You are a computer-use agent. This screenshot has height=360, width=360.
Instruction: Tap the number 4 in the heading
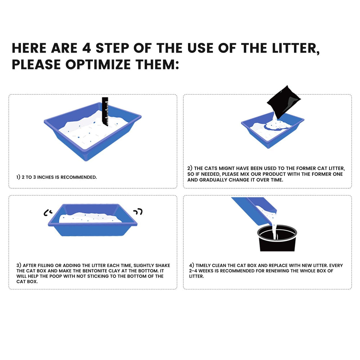tap(86, 48)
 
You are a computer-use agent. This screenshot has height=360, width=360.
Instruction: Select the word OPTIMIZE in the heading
tap(98, 64)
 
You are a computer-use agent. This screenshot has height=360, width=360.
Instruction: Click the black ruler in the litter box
tap(105, 111)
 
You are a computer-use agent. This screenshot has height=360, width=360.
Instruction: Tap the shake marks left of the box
tap(48, 213)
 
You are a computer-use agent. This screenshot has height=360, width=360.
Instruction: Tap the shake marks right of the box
tap(138, 211)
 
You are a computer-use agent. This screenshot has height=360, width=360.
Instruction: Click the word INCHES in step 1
tap(45, 177)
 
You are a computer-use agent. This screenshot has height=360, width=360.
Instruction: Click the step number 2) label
tap(190, 168)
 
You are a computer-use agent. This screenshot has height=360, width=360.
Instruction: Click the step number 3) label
tap(19, 265)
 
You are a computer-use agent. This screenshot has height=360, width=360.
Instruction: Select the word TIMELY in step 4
tap(203, 265)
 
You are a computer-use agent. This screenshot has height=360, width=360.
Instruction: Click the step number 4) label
tap(192, 265)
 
